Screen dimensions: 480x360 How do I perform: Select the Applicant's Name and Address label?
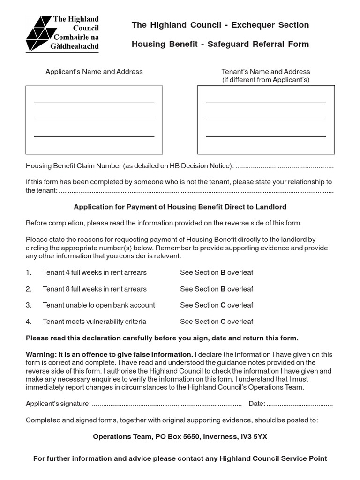94,72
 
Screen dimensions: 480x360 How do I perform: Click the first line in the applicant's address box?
94,102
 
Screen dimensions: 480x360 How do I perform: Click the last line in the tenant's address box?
266,136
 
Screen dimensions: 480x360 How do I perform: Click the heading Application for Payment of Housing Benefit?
180,207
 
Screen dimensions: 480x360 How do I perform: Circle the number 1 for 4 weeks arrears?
28,272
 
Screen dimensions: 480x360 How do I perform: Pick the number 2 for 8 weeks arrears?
28,289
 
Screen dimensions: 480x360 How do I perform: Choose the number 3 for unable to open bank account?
28,305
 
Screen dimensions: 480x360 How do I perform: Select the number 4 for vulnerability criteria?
28,322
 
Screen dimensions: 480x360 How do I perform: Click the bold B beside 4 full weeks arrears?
223,272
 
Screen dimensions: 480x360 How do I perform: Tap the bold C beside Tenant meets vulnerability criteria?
223,322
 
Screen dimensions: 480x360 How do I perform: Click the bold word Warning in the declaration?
41,354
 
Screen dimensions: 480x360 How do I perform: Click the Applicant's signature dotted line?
166,404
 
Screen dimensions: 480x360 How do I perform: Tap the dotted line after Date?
300,404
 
